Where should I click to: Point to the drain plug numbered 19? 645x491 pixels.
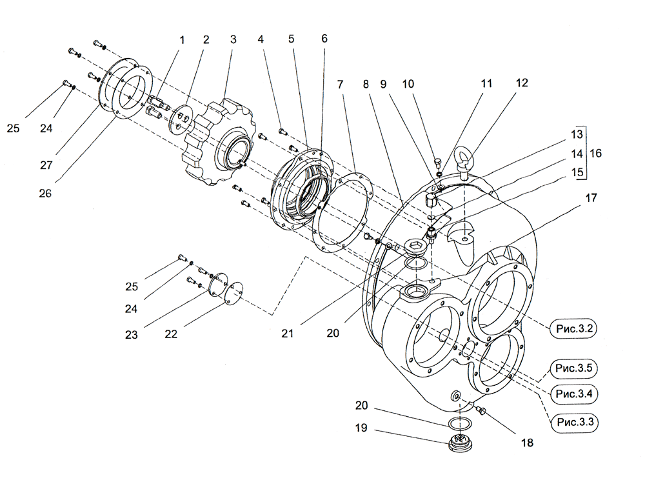point(460,445)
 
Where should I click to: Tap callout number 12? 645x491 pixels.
point(521,83)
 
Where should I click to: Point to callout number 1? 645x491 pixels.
point(181,39)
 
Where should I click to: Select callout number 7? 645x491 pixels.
point(340,84)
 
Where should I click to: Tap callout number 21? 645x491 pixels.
point(287,333)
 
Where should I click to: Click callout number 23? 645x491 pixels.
point(132,335)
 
